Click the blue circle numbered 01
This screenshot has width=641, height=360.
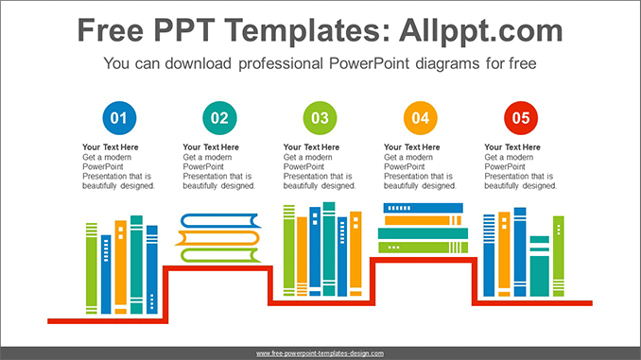click(x=118, y=118)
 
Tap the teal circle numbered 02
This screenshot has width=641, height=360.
click(x=219, y=118)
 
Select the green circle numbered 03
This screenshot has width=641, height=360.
click(x=320, y=118)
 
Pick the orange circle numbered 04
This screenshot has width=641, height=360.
click(x=420, y=118)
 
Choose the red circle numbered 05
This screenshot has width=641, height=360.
click(x=521, y=118)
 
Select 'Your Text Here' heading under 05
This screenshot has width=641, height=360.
click(x=512, y=147)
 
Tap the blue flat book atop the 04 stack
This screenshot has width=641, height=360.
click(x=423, y=208)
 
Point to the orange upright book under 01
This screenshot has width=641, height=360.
click(x=120, y=266)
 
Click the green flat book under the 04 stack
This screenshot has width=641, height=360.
click(x=423, y=248)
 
